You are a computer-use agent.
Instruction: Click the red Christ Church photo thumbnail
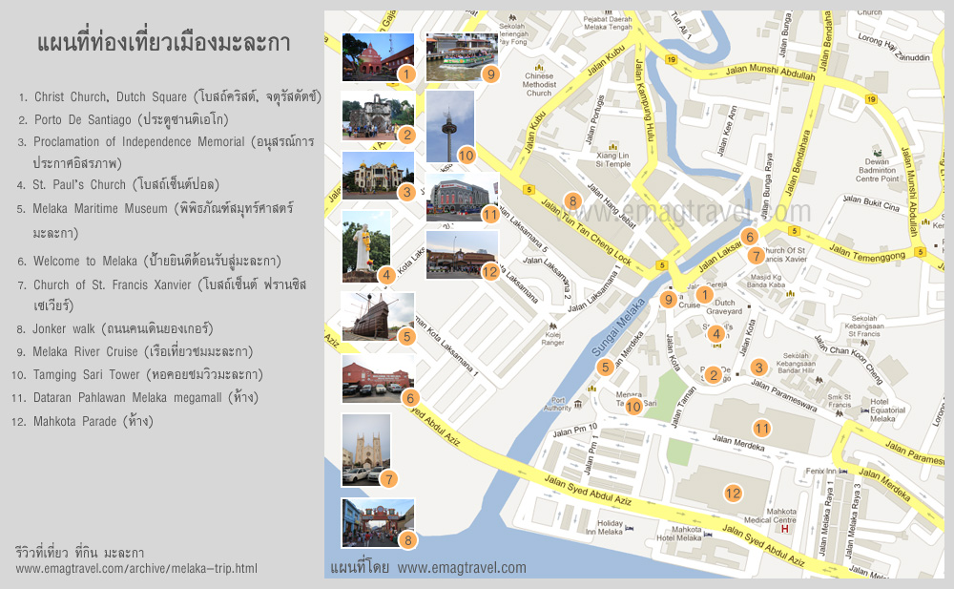(378, 57)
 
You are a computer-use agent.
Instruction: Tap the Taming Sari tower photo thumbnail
(449, 126)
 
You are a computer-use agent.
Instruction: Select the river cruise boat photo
(462, 57)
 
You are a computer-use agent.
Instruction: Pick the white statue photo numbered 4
(365, 246)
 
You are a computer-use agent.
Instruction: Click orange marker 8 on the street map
(572, 200)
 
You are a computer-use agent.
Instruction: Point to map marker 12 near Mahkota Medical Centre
(733, 494)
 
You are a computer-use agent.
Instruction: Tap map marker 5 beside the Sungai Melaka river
(605, 367)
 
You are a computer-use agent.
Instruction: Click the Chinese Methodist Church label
(539, 84)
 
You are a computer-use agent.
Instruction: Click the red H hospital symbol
(784, 528)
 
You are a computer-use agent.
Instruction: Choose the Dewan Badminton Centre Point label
(877, 170)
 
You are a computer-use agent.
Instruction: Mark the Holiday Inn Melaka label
(610, 528)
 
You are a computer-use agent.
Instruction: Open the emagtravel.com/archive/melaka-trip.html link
(136, 569)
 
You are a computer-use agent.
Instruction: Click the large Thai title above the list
(163, 43)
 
